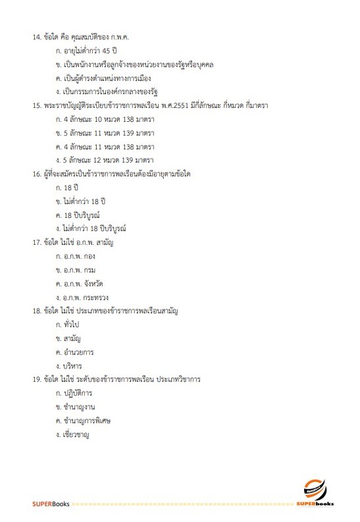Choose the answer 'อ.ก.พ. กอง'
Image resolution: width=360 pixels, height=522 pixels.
[80, 256]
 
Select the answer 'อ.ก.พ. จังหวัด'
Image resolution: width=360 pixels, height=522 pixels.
[86, 284]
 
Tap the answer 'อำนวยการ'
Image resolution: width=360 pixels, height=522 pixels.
[80, 353]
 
